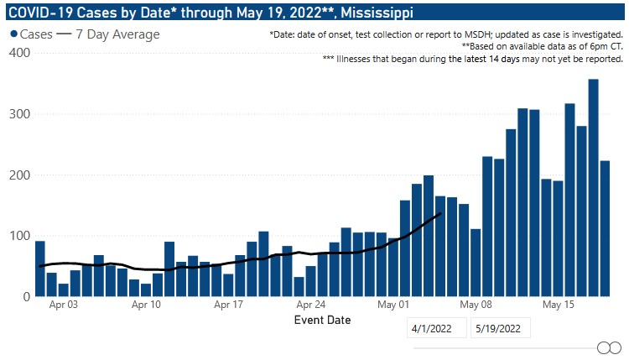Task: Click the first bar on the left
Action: (x=39, y=269)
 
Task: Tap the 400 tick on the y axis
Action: (x=19, y=53)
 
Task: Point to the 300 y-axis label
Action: (x=19, y=114)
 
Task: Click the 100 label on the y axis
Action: (x=19, y=236)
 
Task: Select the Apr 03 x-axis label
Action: (x=63, y=305)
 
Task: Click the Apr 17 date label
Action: (x=227, y=305)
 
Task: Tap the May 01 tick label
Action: (x=393, y=305)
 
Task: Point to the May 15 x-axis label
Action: (x=558, y=305)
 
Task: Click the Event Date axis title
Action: (x=323, y=320)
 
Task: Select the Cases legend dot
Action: (x=14, y=34)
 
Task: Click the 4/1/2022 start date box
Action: (x=436, y=329)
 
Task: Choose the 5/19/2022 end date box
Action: (x=502, y=329)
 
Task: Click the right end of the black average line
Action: (x=440, y=214)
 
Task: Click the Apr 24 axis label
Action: (x=311, y=305)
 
